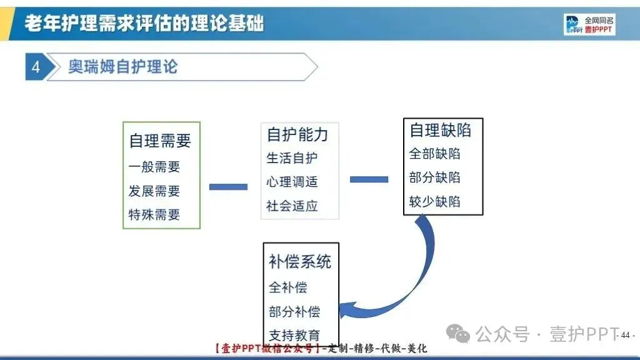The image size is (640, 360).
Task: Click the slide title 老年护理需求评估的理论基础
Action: [x=144, y=24]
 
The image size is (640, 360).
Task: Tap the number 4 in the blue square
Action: [x=36, y=67]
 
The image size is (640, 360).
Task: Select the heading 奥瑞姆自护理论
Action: [x=122, y=67]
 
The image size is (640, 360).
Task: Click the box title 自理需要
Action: [x=160, y=141]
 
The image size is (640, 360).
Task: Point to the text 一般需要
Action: [x=154, y=167]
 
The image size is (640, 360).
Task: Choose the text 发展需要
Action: [x=154, y=191]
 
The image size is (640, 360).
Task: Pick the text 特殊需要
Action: [x=154, y=215]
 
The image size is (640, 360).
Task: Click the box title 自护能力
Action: [x=297, y=134]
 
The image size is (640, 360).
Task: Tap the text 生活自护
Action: [x=292, y=158]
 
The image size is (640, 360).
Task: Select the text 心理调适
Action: [x=292, y=182]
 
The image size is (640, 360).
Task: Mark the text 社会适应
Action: [x=292, y=206]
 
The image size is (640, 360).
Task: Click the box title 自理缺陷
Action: [x=441, y=130]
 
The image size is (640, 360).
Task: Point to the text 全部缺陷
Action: [x=435, y=154]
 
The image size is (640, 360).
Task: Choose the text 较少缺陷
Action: [x=435, y=201]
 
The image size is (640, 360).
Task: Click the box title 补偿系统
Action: [x=300, y=261]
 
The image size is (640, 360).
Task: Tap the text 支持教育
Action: [x=294, y=334]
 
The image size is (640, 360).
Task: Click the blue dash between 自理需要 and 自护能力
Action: [x=228, y=186]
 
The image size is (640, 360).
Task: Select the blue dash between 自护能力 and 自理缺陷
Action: [x=369, y=179]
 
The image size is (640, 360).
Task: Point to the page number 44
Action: [x=625, y=336]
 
